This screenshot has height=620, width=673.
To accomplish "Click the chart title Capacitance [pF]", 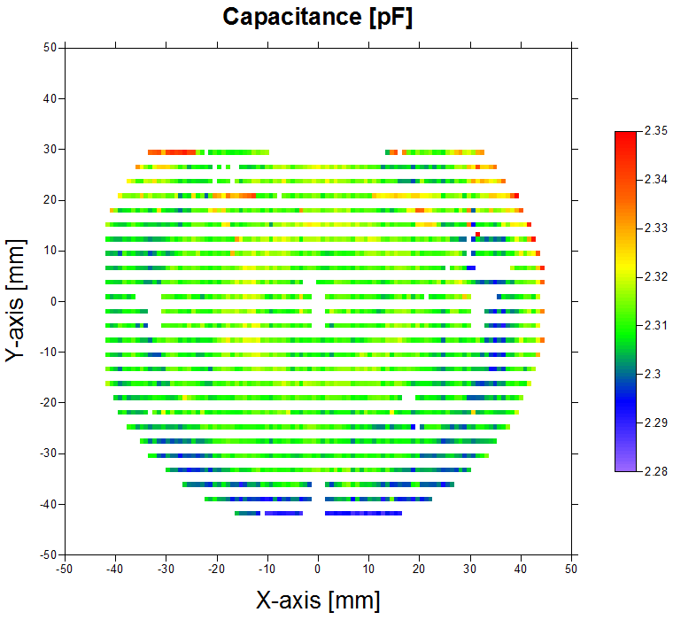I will (x=318, y=17).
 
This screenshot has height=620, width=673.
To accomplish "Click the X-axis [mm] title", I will (x=318, y=600).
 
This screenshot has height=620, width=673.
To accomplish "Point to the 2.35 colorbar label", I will (x=656, y=131).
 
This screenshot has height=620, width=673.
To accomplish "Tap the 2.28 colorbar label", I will (x=656, y=471).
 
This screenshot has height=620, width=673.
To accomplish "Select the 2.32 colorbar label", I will (x=656, y=277).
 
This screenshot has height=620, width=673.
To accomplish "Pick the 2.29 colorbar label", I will (x=656, y=423).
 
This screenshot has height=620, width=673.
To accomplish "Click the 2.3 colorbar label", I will (x=653, y=375).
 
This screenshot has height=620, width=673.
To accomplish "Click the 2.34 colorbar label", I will (x=656, y=180).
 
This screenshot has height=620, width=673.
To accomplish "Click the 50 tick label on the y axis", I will (x=50, y=48).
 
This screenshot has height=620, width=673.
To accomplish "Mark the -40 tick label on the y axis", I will (x=48, y=504).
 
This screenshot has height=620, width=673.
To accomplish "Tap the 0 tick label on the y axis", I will (x=53, y=301).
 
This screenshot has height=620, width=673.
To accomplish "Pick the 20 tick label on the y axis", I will (x=50, y=200).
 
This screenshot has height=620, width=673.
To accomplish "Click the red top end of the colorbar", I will (x=625, y=135).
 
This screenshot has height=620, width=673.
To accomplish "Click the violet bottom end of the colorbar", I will (x=625, y=467).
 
